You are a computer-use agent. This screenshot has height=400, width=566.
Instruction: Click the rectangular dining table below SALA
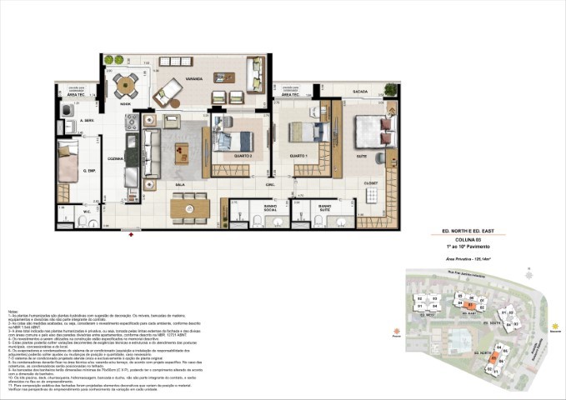[188, 207]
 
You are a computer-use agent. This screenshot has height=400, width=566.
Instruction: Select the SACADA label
[359, 92]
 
